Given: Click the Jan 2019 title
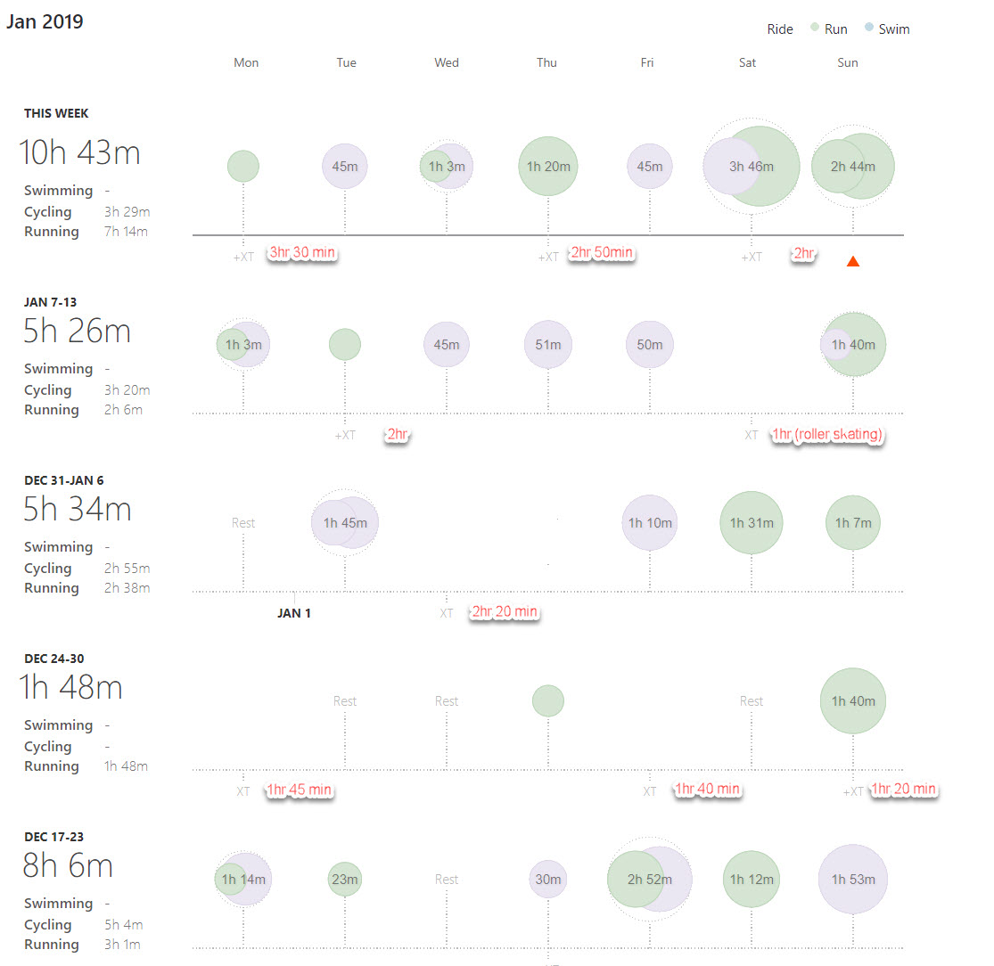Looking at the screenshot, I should point(45,21).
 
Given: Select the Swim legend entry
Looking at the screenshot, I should point(893,29).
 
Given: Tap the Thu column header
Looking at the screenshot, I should point(546,62).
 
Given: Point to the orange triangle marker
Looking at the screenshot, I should point(853,261).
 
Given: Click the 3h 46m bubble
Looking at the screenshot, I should point(751,167).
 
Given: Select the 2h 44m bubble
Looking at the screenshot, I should point(852,167).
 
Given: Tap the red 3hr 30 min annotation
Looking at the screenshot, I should point(302,253).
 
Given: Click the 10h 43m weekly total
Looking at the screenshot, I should point(80,153).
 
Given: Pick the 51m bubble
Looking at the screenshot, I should point(548,345).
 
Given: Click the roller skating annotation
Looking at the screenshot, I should point(826,434).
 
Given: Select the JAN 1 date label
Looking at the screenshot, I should point(294,613).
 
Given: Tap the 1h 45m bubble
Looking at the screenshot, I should point(345,523).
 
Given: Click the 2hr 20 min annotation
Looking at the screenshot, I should point(505,612).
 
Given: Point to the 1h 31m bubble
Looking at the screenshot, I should point(751,523).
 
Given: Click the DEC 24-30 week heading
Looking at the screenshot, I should point(54,659).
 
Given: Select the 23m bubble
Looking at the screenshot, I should point(345,880).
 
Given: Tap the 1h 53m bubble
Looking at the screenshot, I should point(852,880).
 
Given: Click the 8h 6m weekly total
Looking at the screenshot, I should point(68,866).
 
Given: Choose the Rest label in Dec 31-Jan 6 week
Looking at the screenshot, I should point(243,523).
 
